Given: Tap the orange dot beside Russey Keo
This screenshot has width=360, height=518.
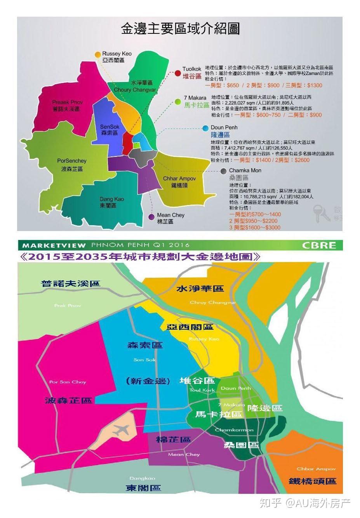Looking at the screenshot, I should click(97, 55).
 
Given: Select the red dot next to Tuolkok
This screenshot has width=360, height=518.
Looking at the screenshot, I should click(177, 73).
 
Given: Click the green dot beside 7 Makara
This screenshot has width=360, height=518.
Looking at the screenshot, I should click(178, 102).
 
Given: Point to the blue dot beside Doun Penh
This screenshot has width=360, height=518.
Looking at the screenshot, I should click(205, 128).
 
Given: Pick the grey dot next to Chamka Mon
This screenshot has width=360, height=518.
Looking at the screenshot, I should click(223, 171).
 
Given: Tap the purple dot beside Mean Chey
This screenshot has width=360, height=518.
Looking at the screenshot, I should click(151, 217).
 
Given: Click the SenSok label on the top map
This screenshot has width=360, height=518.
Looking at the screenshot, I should click(110, 127).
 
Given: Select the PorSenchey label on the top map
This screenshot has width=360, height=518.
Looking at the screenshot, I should click(72, 161).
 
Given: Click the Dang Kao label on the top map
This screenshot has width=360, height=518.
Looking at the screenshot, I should click(112, 199).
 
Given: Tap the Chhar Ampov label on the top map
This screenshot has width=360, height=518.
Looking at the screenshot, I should click(179, 179).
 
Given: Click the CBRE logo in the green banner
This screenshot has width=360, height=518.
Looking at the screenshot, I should click(318, 245).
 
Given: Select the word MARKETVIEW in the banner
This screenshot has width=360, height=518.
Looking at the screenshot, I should click(48, 245).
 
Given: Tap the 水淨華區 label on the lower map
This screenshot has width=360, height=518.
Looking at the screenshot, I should click(200, 289).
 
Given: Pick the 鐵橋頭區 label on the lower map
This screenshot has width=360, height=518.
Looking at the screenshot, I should click(312, 481).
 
